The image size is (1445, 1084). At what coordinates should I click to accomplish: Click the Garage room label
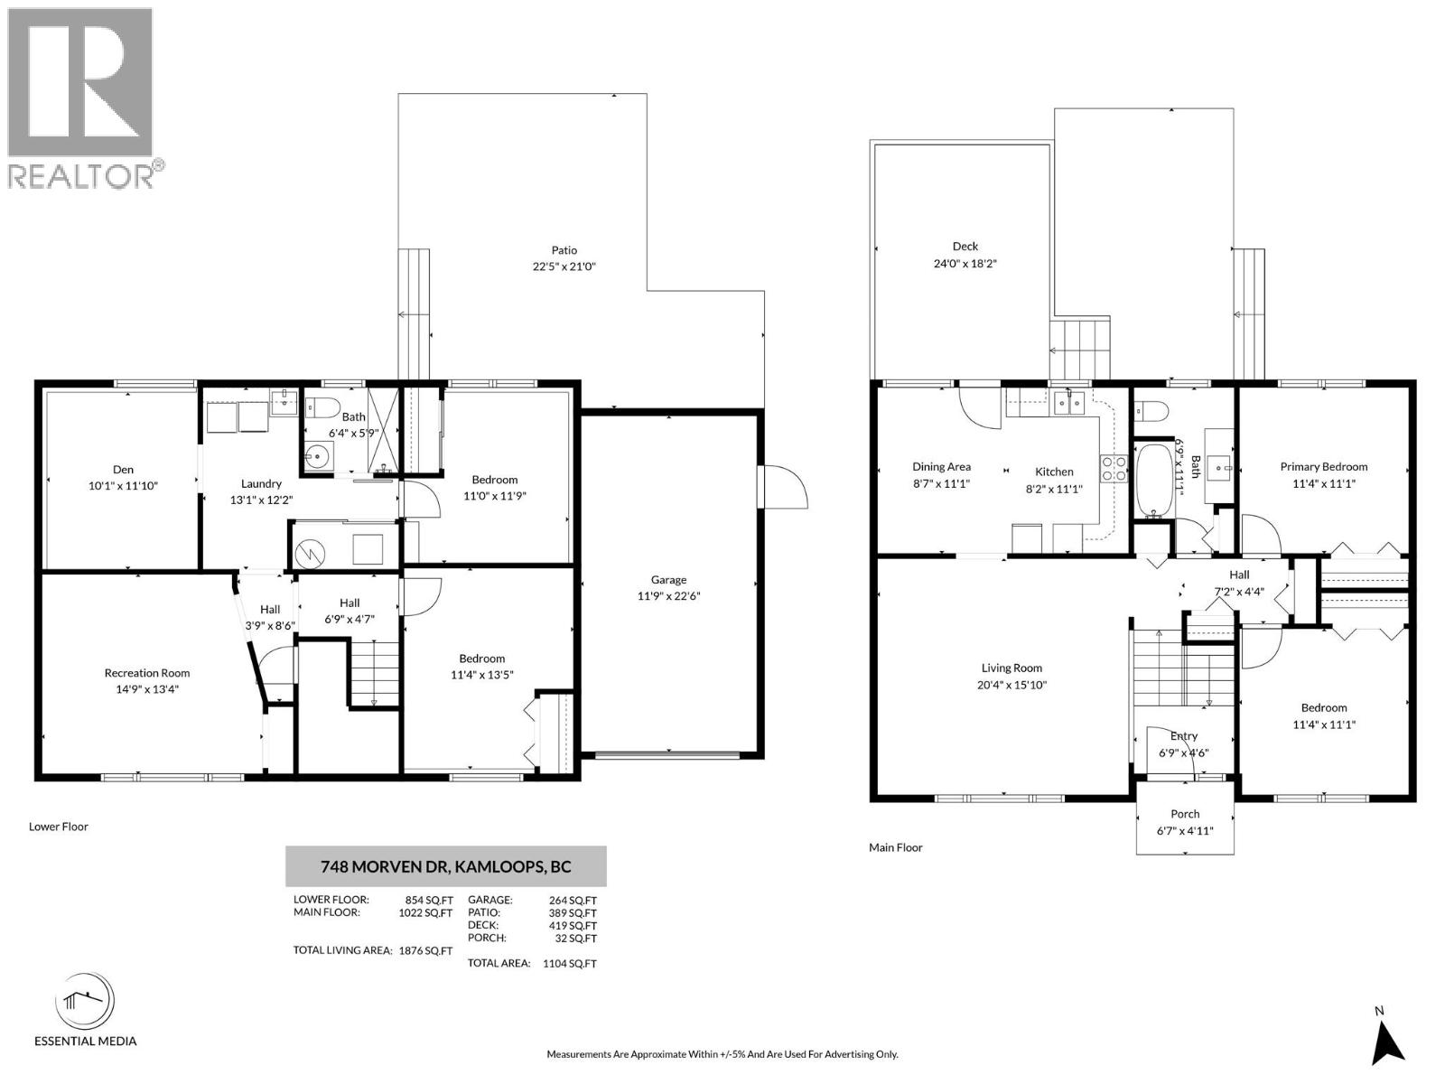tap(668, 580)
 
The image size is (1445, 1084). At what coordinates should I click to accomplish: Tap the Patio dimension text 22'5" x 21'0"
tap(564, 266)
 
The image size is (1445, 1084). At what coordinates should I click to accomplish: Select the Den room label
tap(124, 470)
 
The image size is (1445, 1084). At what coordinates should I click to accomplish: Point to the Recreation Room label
tap(147, 673)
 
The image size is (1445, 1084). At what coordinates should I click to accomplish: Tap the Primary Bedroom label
tap(1323, 467)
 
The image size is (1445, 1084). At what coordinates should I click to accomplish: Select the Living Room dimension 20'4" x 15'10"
tap(1012, 685)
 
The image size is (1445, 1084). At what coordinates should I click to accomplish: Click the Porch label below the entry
tap(1185, 814)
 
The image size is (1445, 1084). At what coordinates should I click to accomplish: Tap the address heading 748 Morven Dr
tap(446, 867)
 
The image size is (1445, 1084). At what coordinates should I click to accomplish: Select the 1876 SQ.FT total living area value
tap(425, 950)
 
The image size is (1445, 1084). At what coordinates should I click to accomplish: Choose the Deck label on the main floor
tap(965, 246)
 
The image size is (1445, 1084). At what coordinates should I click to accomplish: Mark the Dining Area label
tap(941, 467)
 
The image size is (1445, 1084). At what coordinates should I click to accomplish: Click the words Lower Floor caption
tap(59, 827)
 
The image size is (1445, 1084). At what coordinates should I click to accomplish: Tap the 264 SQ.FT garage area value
tap(573, 900)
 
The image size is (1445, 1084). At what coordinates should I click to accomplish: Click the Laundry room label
tap(261, 483)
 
